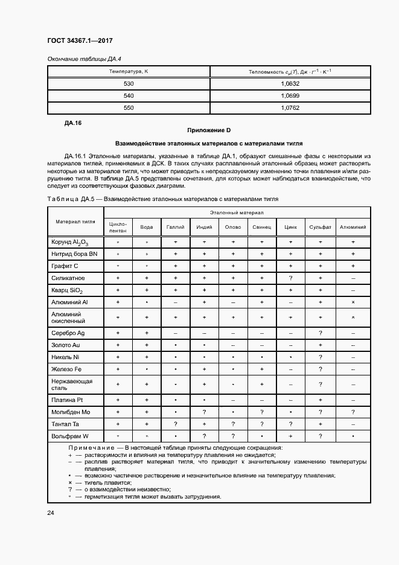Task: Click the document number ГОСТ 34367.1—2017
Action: click(x=80, y=41)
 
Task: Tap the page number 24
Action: click(x=51, y=513)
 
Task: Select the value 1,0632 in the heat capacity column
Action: click(x=290, y=84)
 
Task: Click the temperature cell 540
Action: click(x=129, y=96)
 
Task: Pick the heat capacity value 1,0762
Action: click(x=290, y=108)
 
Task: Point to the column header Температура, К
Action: click(x=129, y=72)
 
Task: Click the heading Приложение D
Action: click(x=209, y=130)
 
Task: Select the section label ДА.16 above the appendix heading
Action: click(x=72, y=123)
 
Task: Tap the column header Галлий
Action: click(x=174, y=227)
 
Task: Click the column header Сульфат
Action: click(x=321, y=227)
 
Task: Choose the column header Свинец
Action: click(x=262, y=227)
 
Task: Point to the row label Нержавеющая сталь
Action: click(x=72, y=385)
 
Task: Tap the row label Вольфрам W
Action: click(x=70, y=436)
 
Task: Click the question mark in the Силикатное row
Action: click(x=291, y=278)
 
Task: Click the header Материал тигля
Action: click(x=76, y=221)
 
